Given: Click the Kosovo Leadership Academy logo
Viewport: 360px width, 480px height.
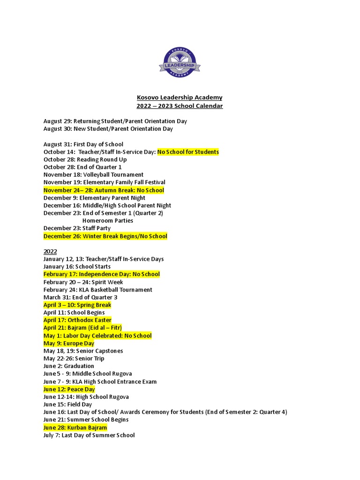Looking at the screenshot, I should pos(180,64).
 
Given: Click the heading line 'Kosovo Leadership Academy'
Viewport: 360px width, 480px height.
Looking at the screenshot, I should pos(180,97).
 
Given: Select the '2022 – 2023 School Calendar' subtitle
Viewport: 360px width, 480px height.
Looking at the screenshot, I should pos(180,106).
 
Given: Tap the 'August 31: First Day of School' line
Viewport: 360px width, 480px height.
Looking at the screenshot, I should pos(83,144).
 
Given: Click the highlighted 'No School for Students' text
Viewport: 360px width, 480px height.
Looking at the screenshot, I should pos(188,152).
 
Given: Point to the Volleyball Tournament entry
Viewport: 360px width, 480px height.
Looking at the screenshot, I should pos(93,175).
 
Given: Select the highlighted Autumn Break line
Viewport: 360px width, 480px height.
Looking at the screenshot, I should pos(104,190).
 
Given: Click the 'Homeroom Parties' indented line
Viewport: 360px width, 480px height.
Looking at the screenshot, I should pos(108,220).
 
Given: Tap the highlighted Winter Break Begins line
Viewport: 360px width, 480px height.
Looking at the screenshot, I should pos(105,236).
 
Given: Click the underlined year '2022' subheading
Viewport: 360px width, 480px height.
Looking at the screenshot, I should pos(50,251).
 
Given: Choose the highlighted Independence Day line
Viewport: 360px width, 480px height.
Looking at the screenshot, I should pos(102,274).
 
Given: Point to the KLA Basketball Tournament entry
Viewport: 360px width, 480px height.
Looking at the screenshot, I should pos(97,290).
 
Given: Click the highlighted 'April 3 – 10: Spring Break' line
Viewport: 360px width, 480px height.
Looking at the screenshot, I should pos(77,305).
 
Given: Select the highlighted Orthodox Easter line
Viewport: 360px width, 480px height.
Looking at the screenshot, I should pos(77,320).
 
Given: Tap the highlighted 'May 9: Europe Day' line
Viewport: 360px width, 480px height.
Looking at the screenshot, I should pos(69,343).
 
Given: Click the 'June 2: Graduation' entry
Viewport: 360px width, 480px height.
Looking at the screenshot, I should pos(69,366).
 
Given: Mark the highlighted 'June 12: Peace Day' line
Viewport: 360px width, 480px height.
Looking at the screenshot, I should pos(69,389).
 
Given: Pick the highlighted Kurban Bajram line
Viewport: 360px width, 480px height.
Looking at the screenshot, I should pos(75,427).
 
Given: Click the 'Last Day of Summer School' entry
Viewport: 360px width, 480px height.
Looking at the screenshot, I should pos(89,435).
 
